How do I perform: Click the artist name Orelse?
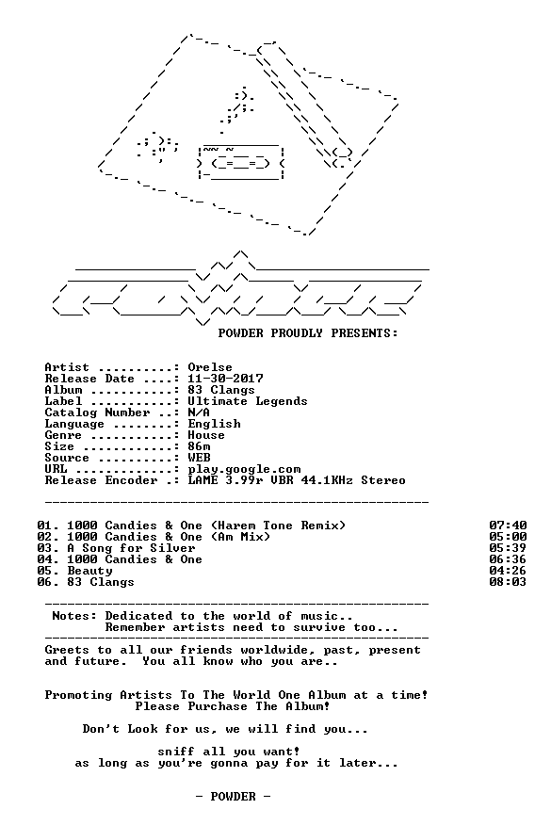pyautogui.click(x=210, y=367)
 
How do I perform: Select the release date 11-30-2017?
pyautogui.click(x=226, y=379)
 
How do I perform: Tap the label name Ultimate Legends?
pyautogui.click(x=248, y=401)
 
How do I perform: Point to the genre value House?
pyautogui.click(x=206, y=435)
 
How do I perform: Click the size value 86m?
pyautogui.click(x=199, y=446)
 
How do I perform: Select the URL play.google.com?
pyautogui.click(x=244, y=469)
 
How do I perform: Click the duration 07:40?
pyautogui.click(x=508, y=526)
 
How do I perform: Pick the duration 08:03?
pyautogui.click(x=508, y=582)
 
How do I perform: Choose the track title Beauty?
pyautogui.click(x=90, y=571)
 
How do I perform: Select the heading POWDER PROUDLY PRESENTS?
pyautogui.click(x=308, y=333)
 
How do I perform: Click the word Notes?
pyautogui.click(x=74, y=616)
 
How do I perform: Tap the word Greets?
pyautogui.click(x=67, y=650)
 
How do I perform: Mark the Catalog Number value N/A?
pyautogui.click(x=199, y=412)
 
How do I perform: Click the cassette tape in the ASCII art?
pyautogui.click(x=240, y=162)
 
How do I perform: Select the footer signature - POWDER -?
pyautogui.click(x=233, y=797)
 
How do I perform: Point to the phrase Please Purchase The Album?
pyautogui.click(x=233, y=706)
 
